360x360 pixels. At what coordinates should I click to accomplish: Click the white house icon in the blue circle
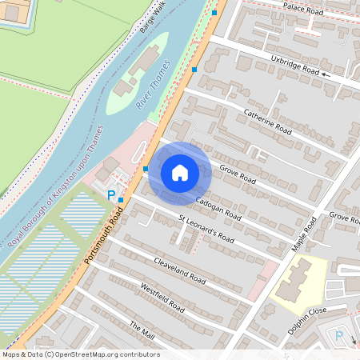tap(180, 172)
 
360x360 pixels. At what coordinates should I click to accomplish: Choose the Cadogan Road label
tap(218, 208)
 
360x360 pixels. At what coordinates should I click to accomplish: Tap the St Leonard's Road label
tap(206, 228)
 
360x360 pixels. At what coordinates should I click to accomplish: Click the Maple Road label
tap(305, 232)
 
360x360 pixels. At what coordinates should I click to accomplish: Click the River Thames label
tap(153, 85)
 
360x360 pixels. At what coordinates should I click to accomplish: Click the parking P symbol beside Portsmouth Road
tap(111, 194)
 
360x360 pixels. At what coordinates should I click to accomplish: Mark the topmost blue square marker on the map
tap(214, 13)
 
